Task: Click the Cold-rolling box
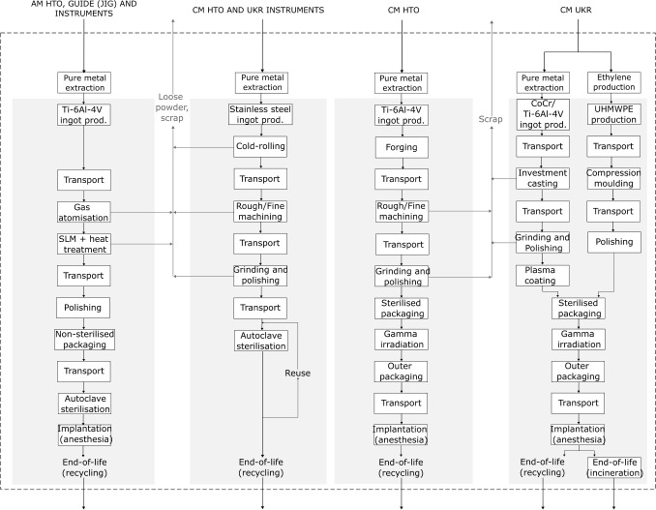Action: [x=261, y=148]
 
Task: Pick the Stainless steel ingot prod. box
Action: [x=261, y=114]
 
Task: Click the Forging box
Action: [x=402, y=148]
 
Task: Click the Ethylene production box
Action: [x=613, y=82]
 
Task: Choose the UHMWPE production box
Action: [x=613, y=114]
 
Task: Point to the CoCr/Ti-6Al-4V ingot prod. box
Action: [x=542, y=114]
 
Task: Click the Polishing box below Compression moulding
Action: [x=613, y=242]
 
